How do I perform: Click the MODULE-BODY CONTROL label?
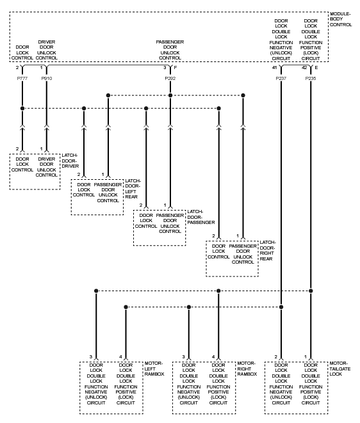pyautogui.click(x=341, y=19)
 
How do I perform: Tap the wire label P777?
pyautogui.click(x=22, y=79)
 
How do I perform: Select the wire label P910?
pyautogui.click(x=47, y=79)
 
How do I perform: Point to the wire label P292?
pyautogui.click(x=170, y=79)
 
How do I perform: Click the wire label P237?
pyautogui.click(x=281, y=79)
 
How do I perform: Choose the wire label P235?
pyautogui.click(x=311, y=79)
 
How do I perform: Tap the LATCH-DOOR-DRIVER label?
pyautogui.click(x=70, y=161)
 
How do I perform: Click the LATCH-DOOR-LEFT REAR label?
pyautogui.click(x=133, y=189)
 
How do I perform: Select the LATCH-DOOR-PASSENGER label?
pyautogui.click(x=201, y=217)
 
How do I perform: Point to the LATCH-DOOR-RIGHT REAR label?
pyautogui.click(x=267, y=251)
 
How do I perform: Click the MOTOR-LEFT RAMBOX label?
pyautogui.click(x=154, y=369)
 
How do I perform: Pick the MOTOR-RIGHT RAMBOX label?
pyautogui.click(x=247, y=369)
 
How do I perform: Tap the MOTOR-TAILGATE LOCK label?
pyautogui.click(x=340, y=369)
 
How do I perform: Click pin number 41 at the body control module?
pyautogui.click(x=274, y=68)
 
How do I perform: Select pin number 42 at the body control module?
pyautogui.click(x=304, y=68)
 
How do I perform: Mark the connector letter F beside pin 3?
pyautogui.click(x=176, y=68)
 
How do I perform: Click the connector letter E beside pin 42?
pyautogui.click(x=316, y=68)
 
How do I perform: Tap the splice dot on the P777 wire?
pyautogui.click(x=22, y=108)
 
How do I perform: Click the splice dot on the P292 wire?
pyautogui.click(x=170, y=95)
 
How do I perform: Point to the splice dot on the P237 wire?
pyautogui.click(x=281, y=307)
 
